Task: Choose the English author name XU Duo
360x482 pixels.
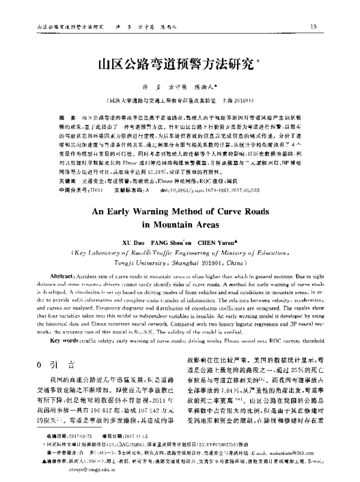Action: tap(133, 229)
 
